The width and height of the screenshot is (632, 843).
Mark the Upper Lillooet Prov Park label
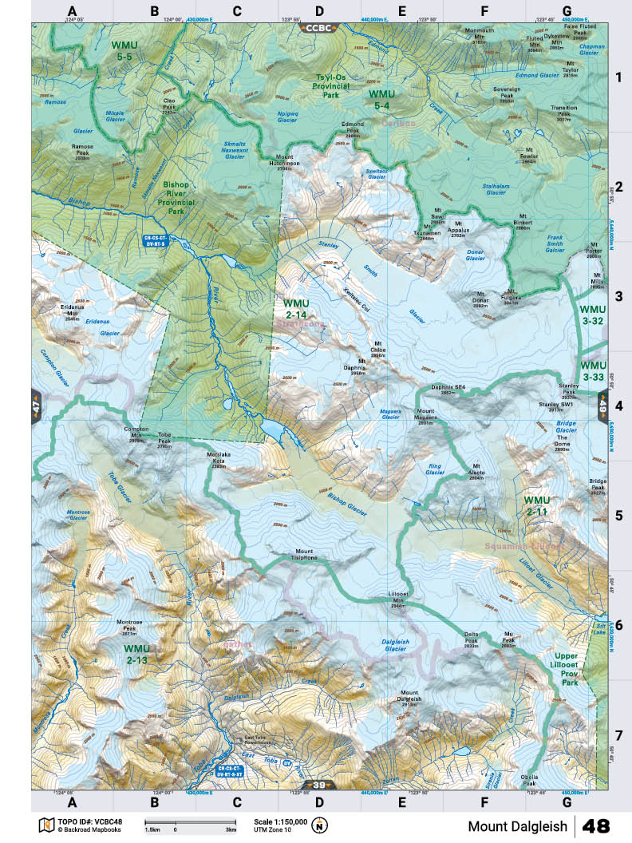570,669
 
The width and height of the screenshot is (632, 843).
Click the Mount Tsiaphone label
305,554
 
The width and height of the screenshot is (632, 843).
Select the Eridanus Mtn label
73,310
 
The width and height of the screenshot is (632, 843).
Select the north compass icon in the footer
321,825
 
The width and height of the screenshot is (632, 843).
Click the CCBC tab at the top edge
319,27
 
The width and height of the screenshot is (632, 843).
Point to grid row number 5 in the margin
618,516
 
